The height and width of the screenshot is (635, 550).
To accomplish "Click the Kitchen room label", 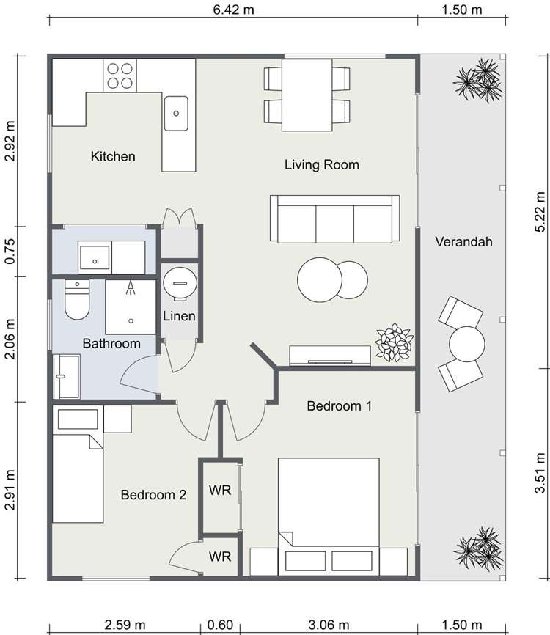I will (x=113, y=156).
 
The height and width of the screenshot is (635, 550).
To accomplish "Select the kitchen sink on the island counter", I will (x=176, y=113).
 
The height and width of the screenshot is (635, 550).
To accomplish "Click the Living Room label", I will (x=321, y=164).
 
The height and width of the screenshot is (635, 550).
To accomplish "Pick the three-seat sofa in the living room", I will (x=334, y=219).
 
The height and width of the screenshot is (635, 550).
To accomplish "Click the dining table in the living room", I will (x=306, y=95).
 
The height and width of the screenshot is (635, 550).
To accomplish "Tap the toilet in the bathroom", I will (x=76, y=300).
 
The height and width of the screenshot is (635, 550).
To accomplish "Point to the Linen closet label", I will (x=179, y=316).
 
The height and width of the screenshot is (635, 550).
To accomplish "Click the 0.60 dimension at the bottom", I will (x=220, y=624).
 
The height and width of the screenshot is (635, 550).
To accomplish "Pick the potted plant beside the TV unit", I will (x=394, y=343).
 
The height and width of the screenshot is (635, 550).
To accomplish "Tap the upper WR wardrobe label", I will (x=220, y=490).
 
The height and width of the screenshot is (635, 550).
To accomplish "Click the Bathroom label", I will (x=111, y=343).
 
